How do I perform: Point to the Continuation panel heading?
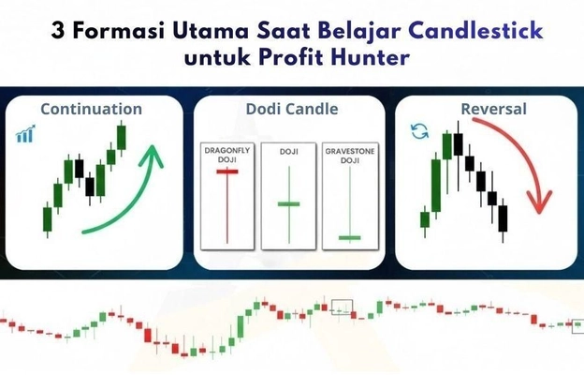pos(92,109)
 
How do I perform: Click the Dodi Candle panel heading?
pos(291,109)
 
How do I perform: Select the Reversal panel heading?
pos(493,109)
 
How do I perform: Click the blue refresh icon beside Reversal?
pos(419,131)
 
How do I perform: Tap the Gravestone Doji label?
pos(349,155)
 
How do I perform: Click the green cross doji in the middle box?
pos(288,203)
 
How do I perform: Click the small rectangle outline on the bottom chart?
pos(343,306)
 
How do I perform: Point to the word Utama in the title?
pos(206,31)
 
